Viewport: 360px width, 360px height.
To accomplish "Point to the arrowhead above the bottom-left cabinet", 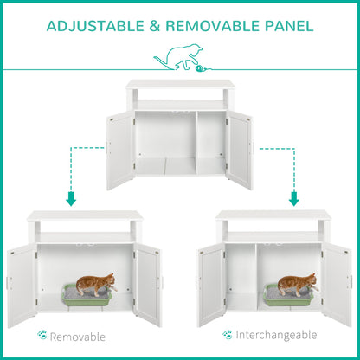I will point(71,199).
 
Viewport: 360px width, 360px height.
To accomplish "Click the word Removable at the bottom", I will point(78,336).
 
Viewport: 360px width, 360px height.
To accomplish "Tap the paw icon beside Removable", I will point(42,335).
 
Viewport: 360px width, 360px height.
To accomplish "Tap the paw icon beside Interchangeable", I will point(228,334).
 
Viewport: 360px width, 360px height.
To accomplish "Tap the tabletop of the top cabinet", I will point(179,84).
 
